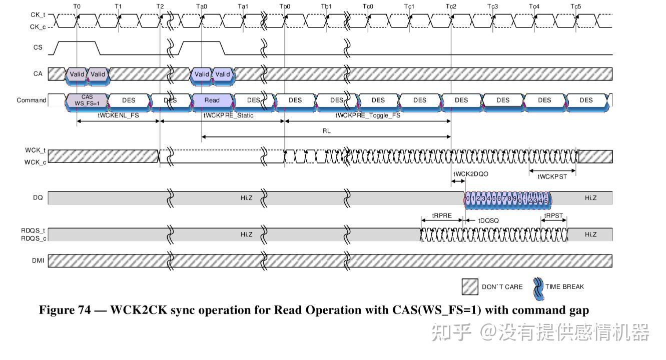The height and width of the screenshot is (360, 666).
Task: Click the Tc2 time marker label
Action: click(450, 6)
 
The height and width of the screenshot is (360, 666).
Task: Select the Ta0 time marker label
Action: click(201, 6)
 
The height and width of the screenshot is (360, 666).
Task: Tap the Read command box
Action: click(212, 100)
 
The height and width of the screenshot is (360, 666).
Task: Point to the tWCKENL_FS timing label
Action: click(118, 115)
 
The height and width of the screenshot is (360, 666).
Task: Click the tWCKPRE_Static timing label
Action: click(228, 115)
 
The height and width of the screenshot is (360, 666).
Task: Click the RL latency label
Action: click(327, 130)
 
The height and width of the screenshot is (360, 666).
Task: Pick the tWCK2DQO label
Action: click(470, 174)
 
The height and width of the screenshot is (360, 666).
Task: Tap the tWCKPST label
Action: click(552, 176)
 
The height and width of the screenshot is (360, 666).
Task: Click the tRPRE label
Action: click(442, 216)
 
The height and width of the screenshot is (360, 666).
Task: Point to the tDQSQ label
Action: click(488, 220)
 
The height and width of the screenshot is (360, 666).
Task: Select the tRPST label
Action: click(553, 216)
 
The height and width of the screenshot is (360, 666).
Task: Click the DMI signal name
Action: click(38, 260)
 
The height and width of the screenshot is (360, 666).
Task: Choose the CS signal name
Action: click(38, 48)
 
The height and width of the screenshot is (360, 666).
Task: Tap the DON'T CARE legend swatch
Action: click(470, 286)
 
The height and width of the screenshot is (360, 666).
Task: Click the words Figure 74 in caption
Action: click(66, 310)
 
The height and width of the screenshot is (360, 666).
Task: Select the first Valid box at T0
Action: click(77, 74)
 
